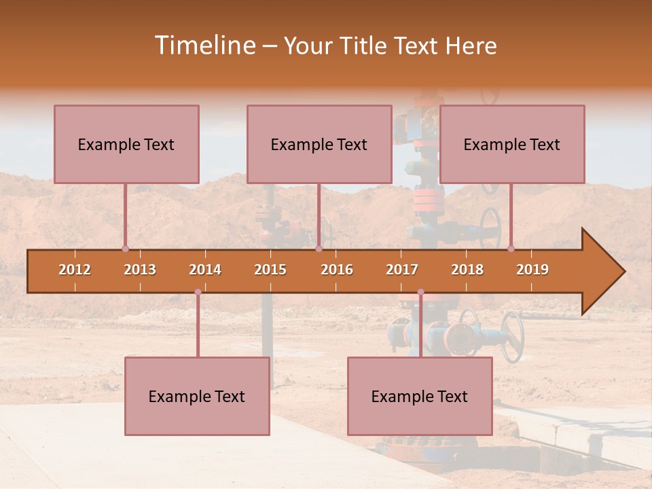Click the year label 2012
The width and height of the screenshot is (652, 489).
75,270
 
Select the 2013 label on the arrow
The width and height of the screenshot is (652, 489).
140,270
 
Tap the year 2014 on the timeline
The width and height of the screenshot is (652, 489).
205,270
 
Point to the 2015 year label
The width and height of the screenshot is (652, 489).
270,270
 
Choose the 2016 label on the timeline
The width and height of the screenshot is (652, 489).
337,270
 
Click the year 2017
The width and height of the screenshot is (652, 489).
402,270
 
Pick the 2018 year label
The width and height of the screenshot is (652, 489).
467,270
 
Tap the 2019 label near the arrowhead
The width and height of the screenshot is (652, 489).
532,270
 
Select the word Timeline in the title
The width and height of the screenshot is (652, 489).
203,46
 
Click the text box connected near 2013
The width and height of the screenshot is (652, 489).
126,144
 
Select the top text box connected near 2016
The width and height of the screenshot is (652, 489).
319,144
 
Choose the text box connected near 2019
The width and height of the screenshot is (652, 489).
512,144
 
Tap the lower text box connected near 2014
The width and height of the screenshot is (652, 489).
197,396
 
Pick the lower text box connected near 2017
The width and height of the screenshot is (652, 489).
420,396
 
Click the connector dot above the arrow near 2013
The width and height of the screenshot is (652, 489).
125,249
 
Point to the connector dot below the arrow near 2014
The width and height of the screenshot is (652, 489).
198,292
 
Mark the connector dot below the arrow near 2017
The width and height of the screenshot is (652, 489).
420,292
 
